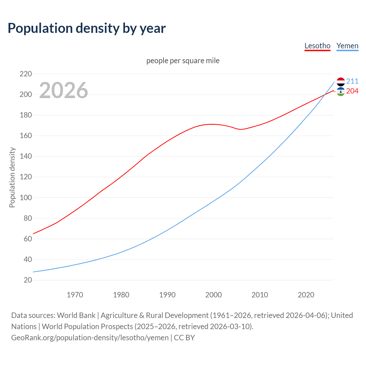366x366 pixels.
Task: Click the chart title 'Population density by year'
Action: pyautogui.click(x=87, y=28)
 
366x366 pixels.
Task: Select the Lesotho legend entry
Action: pyautogui.click(x=317, y=46)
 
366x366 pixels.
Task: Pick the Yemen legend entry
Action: pyautogui.click(x=347, y=46)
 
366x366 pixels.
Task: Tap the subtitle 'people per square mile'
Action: pyautogui.click(x=183, y=61)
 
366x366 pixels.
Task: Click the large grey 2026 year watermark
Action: pyautogui.click(x=63, y=90)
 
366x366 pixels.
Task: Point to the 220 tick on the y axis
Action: pyautogui.click(x=26, y=74)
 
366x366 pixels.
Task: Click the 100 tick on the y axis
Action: pyautogui.click(x=26, y=198)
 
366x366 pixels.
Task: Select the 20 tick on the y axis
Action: pyautogui.click(x=28, y=280)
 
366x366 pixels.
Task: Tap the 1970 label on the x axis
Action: pyautogui.click(x=75, y=295)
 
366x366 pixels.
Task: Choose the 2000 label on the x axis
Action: pyautogui.click(x=213, y=295)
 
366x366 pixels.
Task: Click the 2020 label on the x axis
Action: pyautogui.click(x=306, y=295)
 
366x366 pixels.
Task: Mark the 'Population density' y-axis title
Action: pyautogui.click(x=12, y=177)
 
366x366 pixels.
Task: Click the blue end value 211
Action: pyautogui.click(x=352, y=81)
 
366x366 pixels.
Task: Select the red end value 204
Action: pyautogui.click(x=352, y=91)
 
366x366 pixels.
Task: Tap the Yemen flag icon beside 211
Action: pyautogui.click(x=341, y=82)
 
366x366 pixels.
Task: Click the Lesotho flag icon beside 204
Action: pyautogui.click(x=341, y=91)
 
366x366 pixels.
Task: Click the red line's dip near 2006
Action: pyautogui.click(x=241, y=129)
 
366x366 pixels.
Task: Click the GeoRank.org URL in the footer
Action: pyautogui.click(x=90, y=338)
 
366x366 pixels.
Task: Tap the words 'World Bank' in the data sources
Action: pyautogui.click(x=76, y=315)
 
